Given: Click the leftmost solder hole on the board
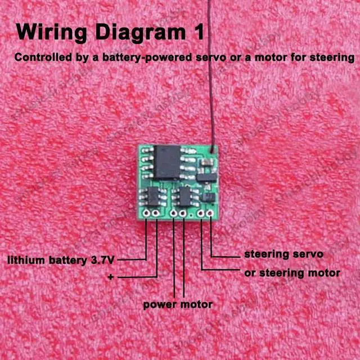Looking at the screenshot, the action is (x=146, y=214).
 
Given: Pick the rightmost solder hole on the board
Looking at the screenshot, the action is (x=210, y=214).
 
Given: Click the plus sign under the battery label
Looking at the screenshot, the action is (x=110, y=277).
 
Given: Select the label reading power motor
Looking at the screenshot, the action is (x=178, y=304).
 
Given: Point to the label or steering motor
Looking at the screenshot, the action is (x=292, y=273).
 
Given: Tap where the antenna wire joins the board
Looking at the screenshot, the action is (x=212, y=149).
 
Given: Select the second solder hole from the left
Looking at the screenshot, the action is (x=156, y=214).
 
